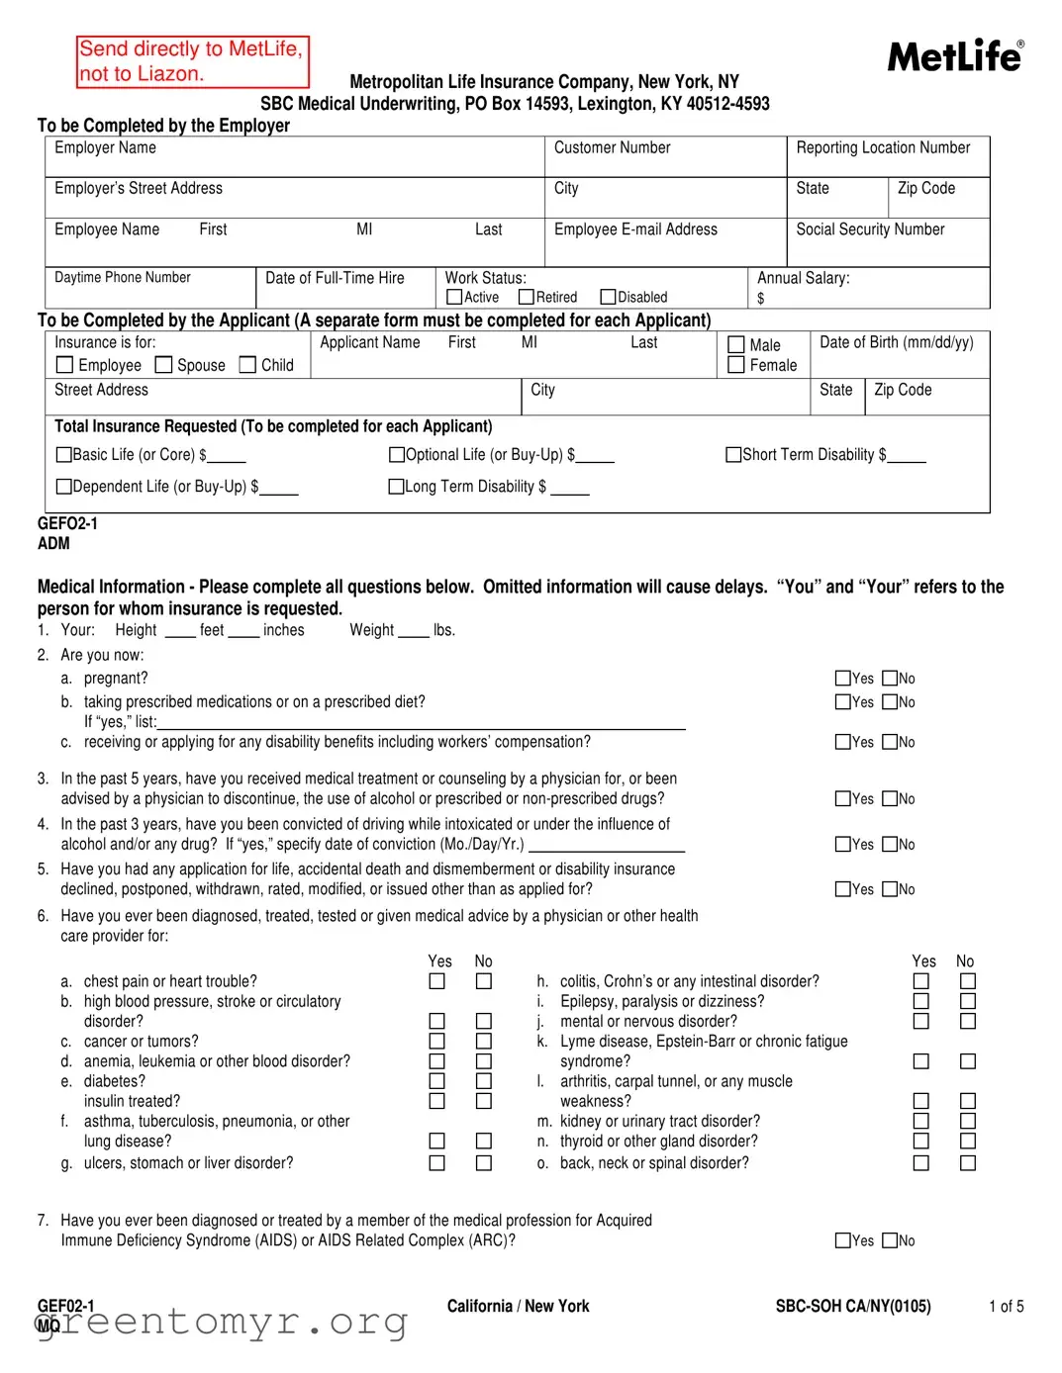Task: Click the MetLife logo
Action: (955, 57)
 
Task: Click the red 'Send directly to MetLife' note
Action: (192, 61)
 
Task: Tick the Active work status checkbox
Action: (455, 297)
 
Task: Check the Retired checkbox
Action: (527, 297)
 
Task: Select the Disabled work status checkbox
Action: (609, 297)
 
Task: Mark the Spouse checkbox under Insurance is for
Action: (164, 365)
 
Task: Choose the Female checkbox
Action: (736, 365)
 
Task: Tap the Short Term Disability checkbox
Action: (733, 455)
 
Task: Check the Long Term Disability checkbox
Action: (397, 487)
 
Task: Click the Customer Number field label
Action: (612, 147)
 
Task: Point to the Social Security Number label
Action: (870, 229)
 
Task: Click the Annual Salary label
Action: (803, 278)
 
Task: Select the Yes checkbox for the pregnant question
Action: (843, 679)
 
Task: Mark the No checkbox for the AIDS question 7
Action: (891, 1240)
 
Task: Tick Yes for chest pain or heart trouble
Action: (436, 981)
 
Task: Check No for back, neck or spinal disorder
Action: (968, 1163)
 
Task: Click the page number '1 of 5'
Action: (1006, 1307)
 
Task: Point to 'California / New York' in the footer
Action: (518, 1307)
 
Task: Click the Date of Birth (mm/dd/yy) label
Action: (896, 342)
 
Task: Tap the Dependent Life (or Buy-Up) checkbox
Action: (64, 487)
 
